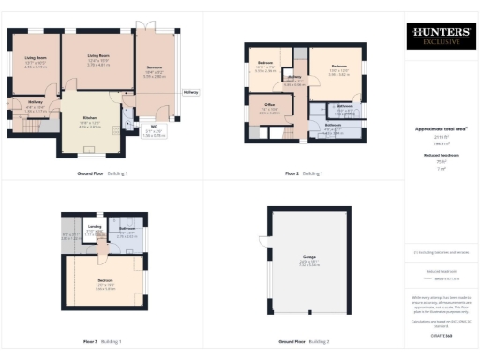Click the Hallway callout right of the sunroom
pyautogui.click(x=190, y=92)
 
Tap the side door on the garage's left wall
pyautogui.click(x=265, y=247)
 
